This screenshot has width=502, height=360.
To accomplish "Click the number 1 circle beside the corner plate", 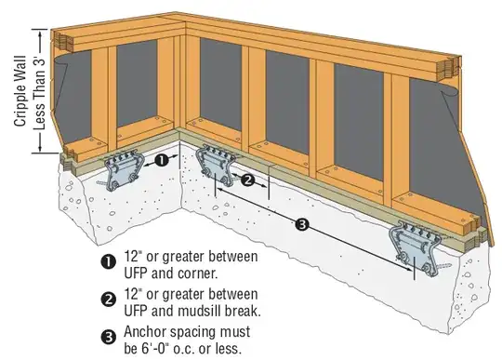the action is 161,160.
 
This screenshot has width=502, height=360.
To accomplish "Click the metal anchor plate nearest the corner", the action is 125,170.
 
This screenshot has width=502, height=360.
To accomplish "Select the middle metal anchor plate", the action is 215,167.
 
